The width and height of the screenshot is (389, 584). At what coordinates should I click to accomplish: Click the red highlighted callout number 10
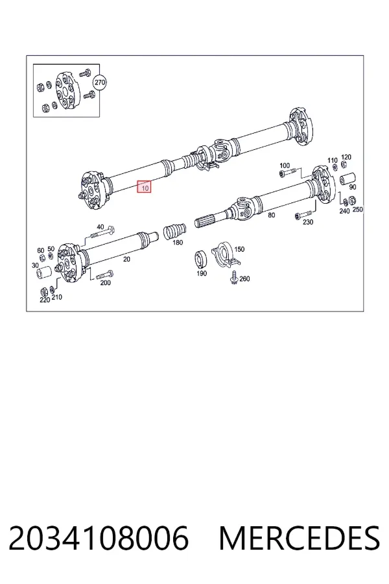[144, 187]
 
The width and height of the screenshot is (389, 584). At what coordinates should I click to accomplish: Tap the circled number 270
[100, 82]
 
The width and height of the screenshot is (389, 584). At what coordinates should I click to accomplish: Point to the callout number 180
[178, 243]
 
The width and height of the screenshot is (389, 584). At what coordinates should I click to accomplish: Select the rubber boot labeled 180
[174, 231]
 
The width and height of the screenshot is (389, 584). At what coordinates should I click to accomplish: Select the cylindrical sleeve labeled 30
[43, 274]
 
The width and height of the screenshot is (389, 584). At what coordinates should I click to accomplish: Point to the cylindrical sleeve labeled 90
[348, 179]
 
